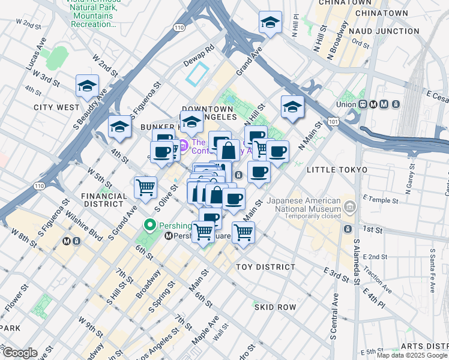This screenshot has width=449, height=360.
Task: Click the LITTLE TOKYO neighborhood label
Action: click(x=337, y=170)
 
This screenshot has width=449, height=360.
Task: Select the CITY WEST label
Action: click(x=56, y=107)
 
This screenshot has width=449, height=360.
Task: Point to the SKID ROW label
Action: click(x=275, y=307)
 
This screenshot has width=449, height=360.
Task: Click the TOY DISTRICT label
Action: click(x=265, y=266)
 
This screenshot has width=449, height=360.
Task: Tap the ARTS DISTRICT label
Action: click(x=424, y=346)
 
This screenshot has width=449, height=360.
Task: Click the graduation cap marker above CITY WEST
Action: click(x=87, y=86)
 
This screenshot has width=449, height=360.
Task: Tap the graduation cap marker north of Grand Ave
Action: click(x=270, y=23)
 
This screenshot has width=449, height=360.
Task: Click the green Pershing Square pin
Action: click(x=150, y=226)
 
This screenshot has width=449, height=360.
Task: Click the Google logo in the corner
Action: click(x=19, y=353)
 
